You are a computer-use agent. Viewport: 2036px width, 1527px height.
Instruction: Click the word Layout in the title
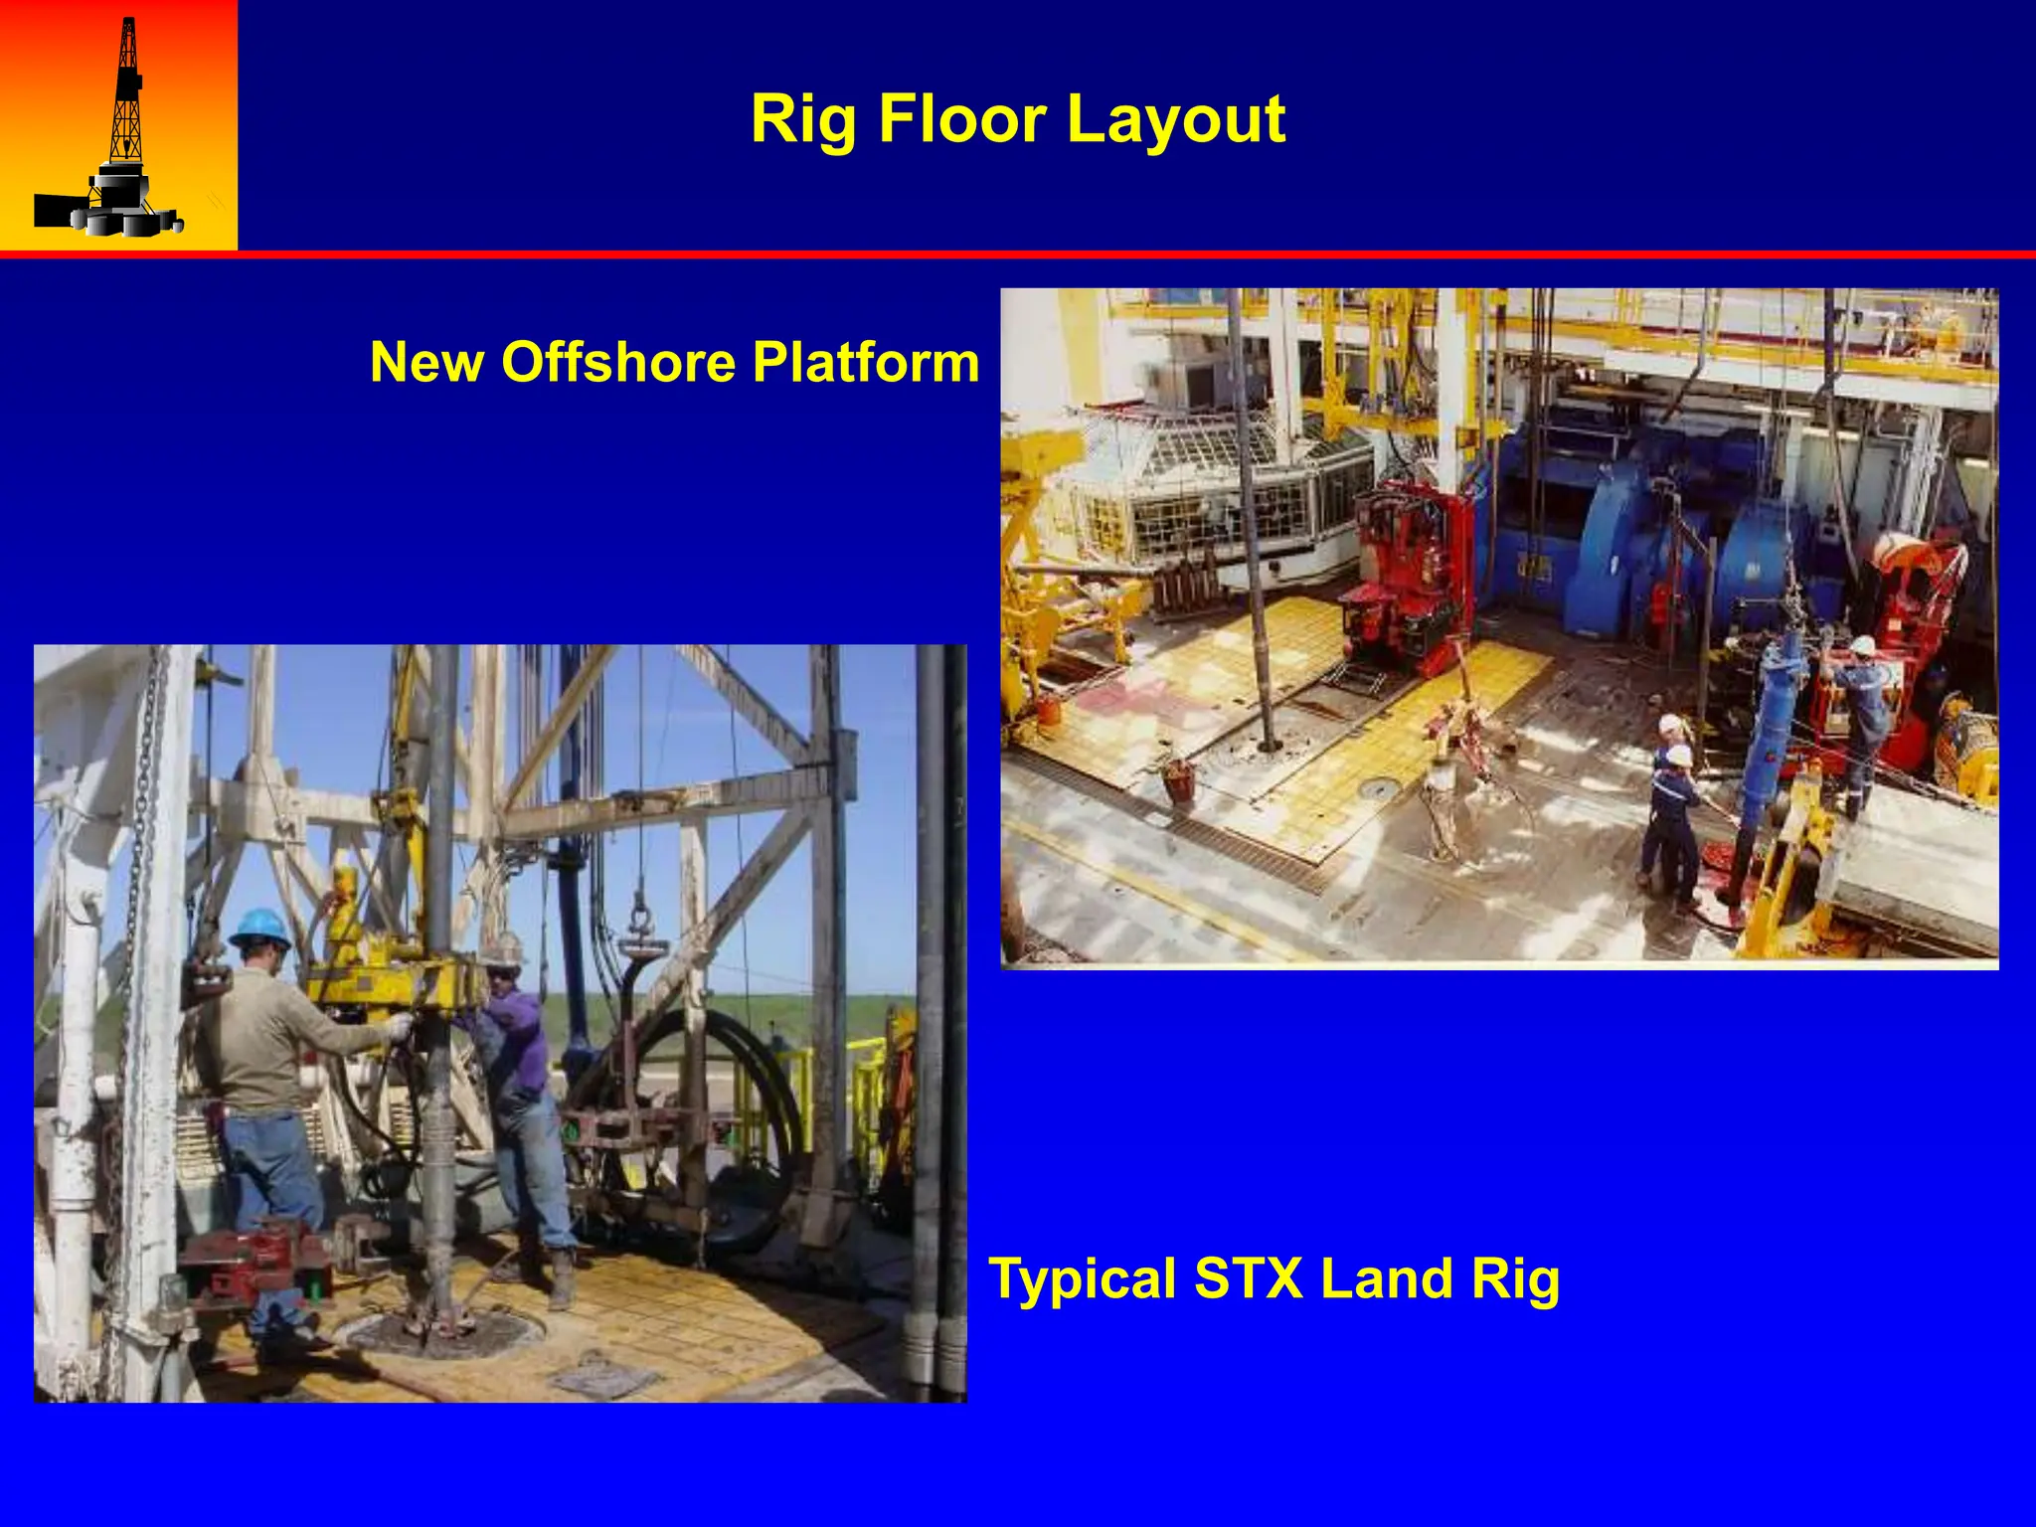pyautogui.click(x=1176, y=119)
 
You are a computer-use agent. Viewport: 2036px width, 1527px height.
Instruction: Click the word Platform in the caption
pyautogui.click(x=865, y=362)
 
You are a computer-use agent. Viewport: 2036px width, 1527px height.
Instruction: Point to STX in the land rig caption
pyautogui.click(x=1248, y=1278)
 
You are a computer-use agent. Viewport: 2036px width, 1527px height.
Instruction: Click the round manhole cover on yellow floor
pyautogui.click(x=1379, y=788)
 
